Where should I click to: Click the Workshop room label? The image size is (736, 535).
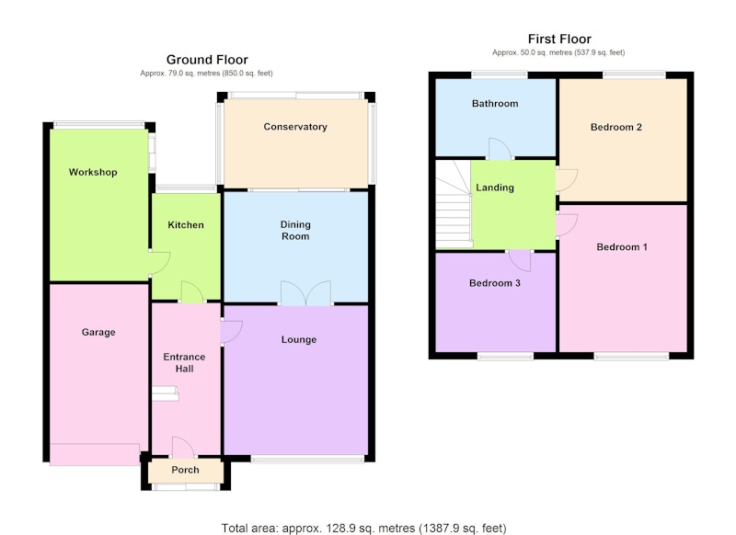coord(93,172)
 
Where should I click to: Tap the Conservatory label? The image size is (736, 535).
coord(295,127)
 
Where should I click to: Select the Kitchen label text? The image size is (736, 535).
coord(186,225)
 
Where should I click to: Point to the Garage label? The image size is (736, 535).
coord(98,333)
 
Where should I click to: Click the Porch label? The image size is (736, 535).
coord(186,470)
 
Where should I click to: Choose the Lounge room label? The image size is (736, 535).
coord(299,339)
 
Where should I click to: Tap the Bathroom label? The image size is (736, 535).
coord(495,104)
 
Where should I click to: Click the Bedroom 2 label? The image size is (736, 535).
coord(616,127)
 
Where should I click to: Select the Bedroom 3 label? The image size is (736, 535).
coord(495,283)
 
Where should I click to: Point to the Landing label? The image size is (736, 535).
coord(495,188)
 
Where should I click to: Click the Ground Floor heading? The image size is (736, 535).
coord(207,60)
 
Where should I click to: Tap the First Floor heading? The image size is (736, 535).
coord(559,39)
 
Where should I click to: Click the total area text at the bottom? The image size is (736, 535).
coord(363,529)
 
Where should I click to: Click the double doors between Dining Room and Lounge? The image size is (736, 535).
coord(305,293)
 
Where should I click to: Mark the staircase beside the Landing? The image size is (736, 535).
coord(454,204)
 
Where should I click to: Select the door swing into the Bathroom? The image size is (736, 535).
coord(500,149)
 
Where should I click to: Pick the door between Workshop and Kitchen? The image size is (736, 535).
coord(160,263)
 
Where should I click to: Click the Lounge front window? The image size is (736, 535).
coord(307,460)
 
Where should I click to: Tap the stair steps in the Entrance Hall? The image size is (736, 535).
coord(166,393)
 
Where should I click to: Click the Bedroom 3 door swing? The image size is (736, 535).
coord(520,261)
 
